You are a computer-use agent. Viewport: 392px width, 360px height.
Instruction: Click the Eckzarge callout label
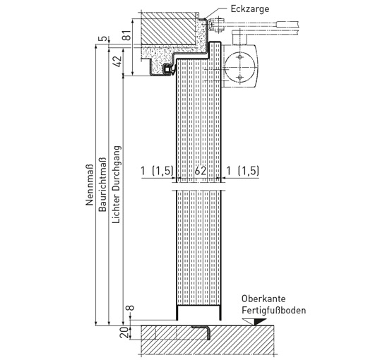click(250, 9)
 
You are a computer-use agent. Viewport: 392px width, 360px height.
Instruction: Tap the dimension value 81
click(126, 35)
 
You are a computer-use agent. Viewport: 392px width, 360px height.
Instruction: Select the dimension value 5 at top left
click(104, 39)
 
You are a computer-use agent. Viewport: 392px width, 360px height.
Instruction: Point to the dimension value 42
click(117, 61)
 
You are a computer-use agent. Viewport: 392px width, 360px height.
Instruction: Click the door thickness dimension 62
click(201, 171)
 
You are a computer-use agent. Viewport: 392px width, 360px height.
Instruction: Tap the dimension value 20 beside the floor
click(124, 332)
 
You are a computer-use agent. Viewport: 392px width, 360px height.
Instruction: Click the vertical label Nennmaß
click(89, 185)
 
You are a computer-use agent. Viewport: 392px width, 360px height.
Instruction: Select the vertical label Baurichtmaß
click(102, 185)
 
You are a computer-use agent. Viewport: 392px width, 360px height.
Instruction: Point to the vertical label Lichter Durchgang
click(117, 184)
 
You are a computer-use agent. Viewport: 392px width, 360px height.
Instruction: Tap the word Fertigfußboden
click(274, 311)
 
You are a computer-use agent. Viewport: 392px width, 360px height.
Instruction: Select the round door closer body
click(239, 67)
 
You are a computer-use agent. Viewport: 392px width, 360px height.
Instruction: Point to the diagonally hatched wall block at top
click(168, 28)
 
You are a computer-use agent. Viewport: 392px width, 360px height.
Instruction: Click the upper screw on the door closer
click(240, 57)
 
